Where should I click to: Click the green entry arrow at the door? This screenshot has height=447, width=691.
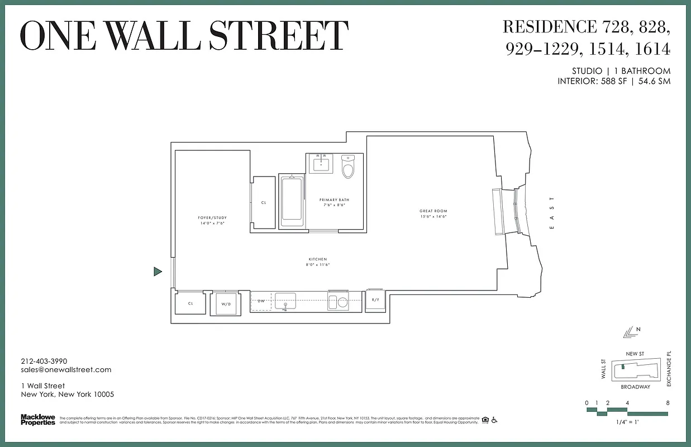coord(158,272)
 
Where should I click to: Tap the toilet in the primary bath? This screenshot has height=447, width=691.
coord(348,167)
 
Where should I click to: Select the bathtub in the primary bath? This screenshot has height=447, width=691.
coord(291,201)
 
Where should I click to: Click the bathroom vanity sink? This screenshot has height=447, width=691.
coord(322,164)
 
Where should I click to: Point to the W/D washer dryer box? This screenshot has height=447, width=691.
coord(226,305)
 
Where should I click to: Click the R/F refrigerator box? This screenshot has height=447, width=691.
coord(375,300)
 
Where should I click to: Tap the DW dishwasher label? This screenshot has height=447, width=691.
coord(261,301)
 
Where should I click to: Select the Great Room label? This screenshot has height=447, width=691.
coord(433,211)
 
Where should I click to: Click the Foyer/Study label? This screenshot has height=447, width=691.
coord(212,218)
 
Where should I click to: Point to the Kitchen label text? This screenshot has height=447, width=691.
coord(317,259)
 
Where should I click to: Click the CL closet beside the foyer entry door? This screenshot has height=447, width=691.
coord(190,303)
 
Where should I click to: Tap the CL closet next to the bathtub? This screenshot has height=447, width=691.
coord(264,203)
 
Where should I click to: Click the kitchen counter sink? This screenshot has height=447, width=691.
coord(285,302)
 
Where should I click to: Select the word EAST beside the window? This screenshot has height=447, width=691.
coord(552,213)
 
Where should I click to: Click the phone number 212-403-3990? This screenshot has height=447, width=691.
coord(44,362)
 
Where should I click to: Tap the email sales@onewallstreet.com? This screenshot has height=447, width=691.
coord(66,370)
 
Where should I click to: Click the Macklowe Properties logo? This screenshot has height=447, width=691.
coord(38,419)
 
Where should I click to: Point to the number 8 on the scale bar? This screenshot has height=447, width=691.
coord(668,403)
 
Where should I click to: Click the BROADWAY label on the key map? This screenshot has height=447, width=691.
coord(636,387)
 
